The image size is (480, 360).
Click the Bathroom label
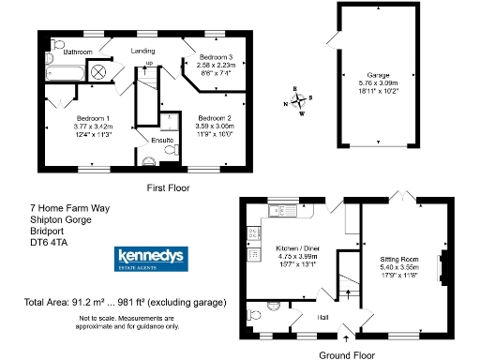pyautogui.click(x=77, y=52)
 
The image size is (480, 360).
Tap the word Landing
pyautogui.click(x=142, y=52)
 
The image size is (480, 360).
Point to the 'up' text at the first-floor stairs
pyautogui.click(x=148, y=63)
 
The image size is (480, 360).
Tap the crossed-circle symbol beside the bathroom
pyautogui.click(x=102, y=71)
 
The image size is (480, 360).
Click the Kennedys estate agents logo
pyautogui.click(x=146, y=258)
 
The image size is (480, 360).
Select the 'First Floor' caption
pyautogui.click(x=168, y=188)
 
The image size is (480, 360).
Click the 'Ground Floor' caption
pyautogui.click(x=347, y=354)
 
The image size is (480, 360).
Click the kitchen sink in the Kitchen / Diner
pyautogui.click(x=281, y=212)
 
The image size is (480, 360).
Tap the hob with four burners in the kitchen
pyautogui.click(x=250, y=255)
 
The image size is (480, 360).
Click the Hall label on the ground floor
pyautogui.click(x=322, y=318)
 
